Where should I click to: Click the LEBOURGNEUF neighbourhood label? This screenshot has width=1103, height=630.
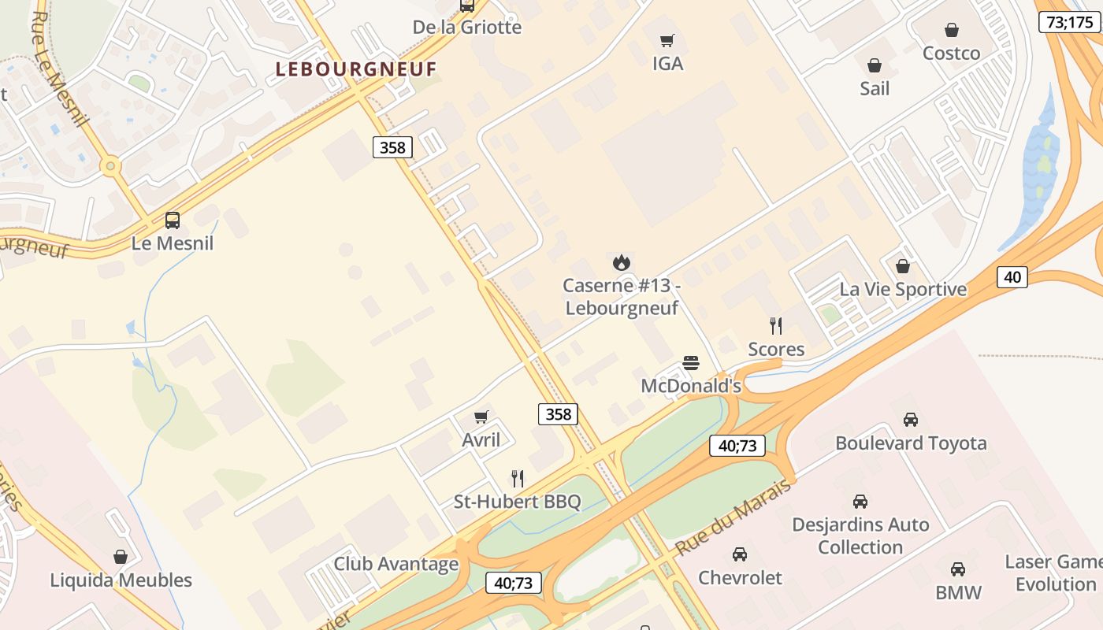click(355, 69)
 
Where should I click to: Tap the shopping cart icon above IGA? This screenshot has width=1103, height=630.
click(667, 40)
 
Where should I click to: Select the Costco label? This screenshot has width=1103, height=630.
click(951, 54)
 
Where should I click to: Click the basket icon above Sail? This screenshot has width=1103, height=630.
click(874, 65)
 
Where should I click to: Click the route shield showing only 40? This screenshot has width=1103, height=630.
click(1012, 276)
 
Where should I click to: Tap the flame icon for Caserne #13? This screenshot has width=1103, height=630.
click(622, 262)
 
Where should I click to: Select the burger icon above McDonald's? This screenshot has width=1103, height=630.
click(691, 363)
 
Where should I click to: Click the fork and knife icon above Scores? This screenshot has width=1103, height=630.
click(776, 325)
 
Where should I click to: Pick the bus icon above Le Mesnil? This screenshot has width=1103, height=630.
click(173, 220)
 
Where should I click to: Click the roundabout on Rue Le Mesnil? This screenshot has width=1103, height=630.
click(110, 166)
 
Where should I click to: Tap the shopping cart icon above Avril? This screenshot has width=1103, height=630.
click(481, 417)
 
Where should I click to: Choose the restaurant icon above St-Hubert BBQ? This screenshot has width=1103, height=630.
click(517, 478)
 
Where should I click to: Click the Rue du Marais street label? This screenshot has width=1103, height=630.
click(733, 517)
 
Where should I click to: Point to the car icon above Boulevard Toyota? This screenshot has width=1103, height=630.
click(911, 419)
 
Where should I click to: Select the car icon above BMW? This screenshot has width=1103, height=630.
click(958, 569)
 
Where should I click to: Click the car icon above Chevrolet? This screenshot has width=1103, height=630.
click(740, 554)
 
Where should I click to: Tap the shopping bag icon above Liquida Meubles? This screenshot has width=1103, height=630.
click(121, 557)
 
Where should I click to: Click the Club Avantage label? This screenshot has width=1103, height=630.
click(396, 564)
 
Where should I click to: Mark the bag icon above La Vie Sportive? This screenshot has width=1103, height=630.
click(903, 266)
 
